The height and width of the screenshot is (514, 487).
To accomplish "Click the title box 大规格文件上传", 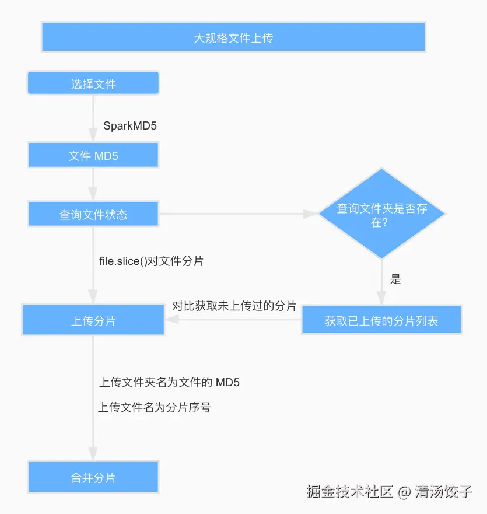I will pyautogui.click(x=233, y=37).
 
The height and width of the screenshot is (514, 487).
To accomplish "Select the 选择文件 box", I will pyautogui.click(x=93, y=83).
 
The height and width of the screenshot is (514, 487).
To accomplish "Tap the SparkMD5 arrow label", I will pyautogui.click(x=130, y=125).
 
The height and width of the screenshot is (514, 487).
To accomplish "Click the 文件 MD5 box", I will pyautogui.click(x=93, y=156).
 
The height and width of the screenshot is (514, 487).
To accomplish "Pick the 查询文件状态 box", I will pyautogui.click(x=93, y=214).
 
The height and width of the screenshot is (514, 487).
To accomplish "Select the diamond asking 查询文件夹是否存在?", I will pyautogui.click(x=381, y=214).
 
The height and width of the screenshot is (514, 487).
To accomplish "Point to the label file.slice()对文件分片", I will pyautogui.click(x=151, y=261).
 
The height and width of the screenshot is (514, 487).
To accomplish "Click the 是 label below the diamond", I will pyautogui.click(x=395, y=279).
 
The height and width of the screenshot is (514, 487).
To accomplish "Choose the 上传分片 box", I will pyautogui.click(x=93, y=320).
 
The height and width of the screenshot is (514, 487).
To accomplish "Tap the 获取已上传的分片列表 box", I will pyautogui.click(x=381, y=320).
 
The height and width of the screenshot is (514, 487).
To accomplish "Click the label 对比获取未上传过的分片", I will pyautogui.click(x=234, y=306).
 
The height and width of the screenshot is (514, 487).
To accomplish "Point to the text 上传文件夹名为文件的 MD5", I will pyautogui.click(x=169, y=383).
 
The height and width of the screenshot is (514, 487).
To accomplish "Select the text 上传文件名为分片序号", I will pyautogui.click(x=155, y=407).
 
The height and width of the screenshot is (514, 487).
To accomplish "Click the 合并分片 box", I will pyautogui.click(x=93, y=477).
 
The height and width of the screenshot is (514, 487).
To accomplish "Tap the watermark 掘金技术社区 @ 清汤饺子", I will pyautogui.click(x=389, y=491).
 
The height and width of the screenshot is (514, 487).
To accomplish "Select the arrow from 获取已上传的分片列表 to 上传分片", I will pyautogui.click(x=233, y=320).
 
